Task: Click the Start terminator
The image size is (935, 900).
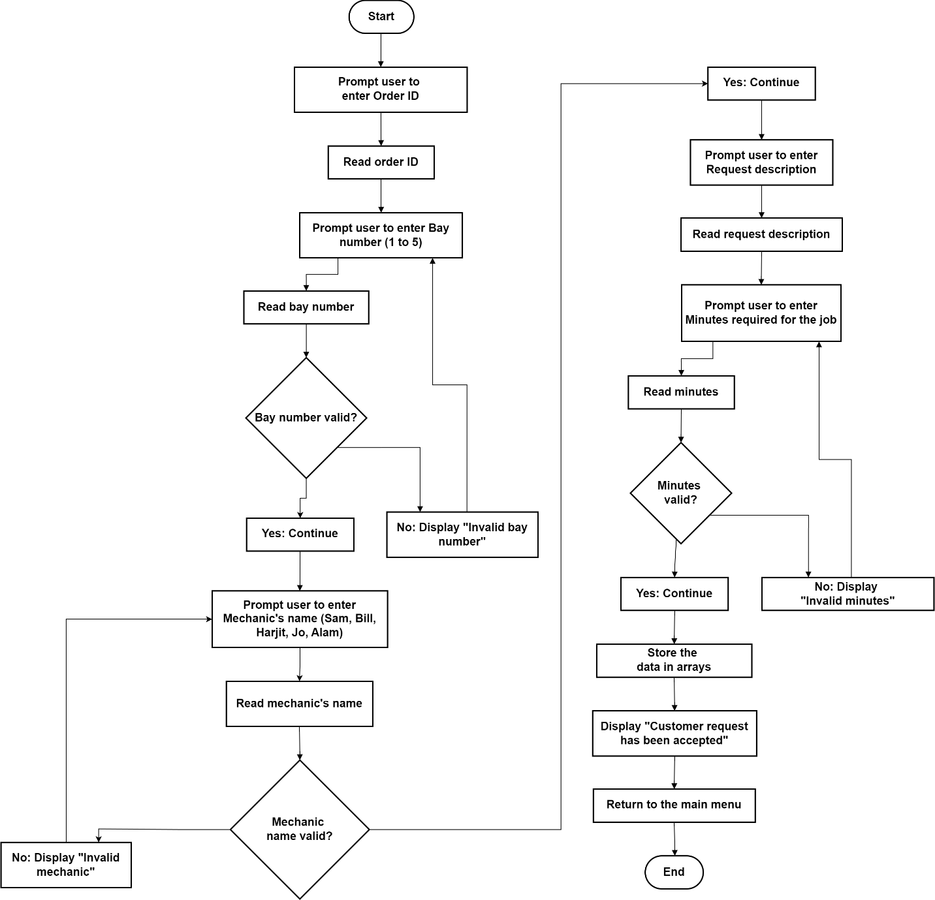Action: [x=381, y=17]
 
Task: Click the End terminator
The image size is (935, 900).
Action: [x=674, y=872]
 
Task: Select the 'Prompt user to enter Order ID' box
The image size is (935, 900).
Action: [x=381, y=89]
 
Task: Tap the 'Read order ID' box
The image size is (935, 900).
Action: [x=381, y=162]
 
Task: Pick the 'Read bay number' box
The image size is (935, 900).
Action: [x=306, y=307]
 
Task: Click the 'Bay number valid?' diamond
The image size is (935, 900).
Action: [x=306, y=418]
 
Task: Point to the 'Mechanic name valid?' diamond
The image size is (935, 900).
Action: [x=299, y=830]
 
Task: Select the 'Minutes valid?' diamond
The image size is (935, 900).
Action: [x=680, y=493]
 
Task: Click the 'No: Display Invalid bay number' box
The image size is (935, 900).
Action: [x=462, y=535]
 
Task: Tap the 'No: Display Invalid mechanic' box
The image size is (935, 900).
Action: [x=66, y=865]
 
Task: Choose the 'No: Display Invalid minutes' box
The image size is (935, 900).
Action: [x=848, y=594]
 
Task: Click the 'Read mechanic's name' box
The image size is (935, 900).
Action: [x=299, y=704]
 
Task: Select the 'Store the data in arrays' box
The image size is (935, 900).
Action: [x=674, y=660]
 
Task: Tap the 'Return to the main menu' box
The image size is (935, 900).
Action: [x=674, y=805]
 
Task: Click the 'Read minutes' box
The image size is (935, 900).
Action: [x=681, y=392]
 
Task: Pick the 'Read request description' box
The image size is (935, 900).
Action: [x=761, y=234]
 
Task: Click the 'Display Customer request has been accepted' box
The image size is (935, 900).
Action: [x=674, y=734]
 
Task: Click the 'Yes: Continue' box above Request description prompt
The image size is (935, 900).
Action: [x=761, y=83]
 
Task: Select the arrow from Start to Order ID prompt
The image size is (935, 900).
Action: [x=381, y=50]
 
